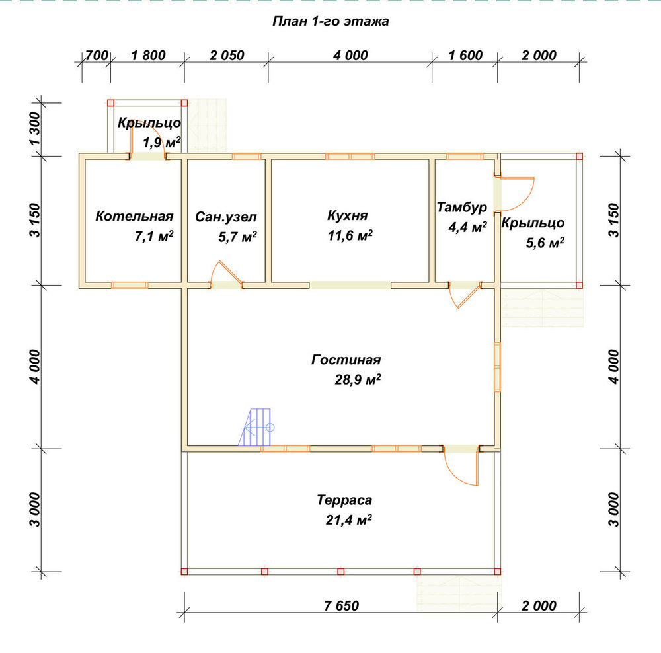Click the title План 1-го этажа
(x=330, y=21)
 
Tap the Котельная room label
(x=134, y=216)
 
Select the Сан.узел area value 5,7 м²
(x=237, y=237)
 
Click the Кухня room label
(x=348, y=215)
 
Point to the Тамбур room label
(x=461, y=208)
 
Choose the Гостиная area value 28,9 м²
(x=358, y=379)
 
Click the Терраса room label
(x=344, y=500)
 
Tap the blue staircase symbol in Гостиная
(x=256, y=427)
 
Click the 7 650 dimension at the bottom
(x=342, y=606)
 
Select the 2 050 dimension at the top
(x=227, y=56)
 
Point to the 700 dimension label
(x=97, y=56)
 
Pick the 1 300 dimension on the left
(x=35, y=129)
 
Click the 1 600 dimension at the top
(x=465, y=56)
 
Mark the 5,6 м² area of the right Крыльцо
(x=545, y=243)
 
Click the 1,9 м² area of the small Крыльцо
(x=162, y=143)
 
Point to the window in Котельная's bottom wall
(x=130, y=285)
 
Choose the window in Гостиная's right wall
(x=497, y=367)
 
